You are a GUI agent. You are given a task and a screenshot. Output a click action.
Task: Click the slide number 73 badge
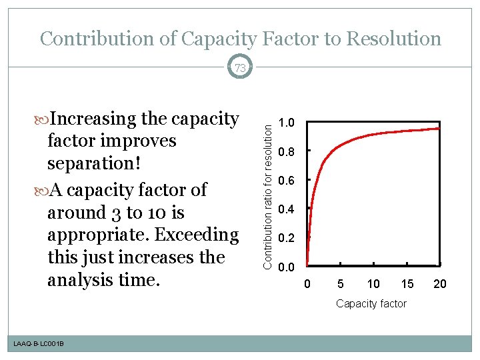[x=239, y=67]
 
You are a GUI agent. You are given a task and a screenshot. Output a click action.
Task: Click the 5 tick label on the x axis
[x=340, y=285]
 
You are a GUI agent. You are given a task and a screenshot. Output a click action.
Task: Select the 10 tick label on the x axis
[x=373, y=285]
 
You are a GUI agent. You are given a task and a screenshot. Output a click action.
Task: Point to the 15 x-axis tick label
[x=407, y=285]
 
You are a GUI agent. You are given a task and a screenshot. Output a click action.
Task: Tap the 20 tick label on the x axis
[x=440, y=285]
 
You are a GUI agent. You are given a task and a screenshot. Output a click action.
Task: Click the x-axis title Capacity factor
[x=371, y=304]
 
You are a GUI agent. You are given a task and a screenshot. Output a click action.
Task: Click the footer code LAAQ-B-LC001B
[x=38, y=343]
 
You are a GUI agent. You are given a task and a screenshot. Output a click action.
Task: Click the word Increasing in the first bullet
[x=93, y=119]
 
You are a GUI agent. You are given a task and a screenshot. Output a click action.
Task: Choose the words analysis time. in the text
[x=103, y=280]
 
